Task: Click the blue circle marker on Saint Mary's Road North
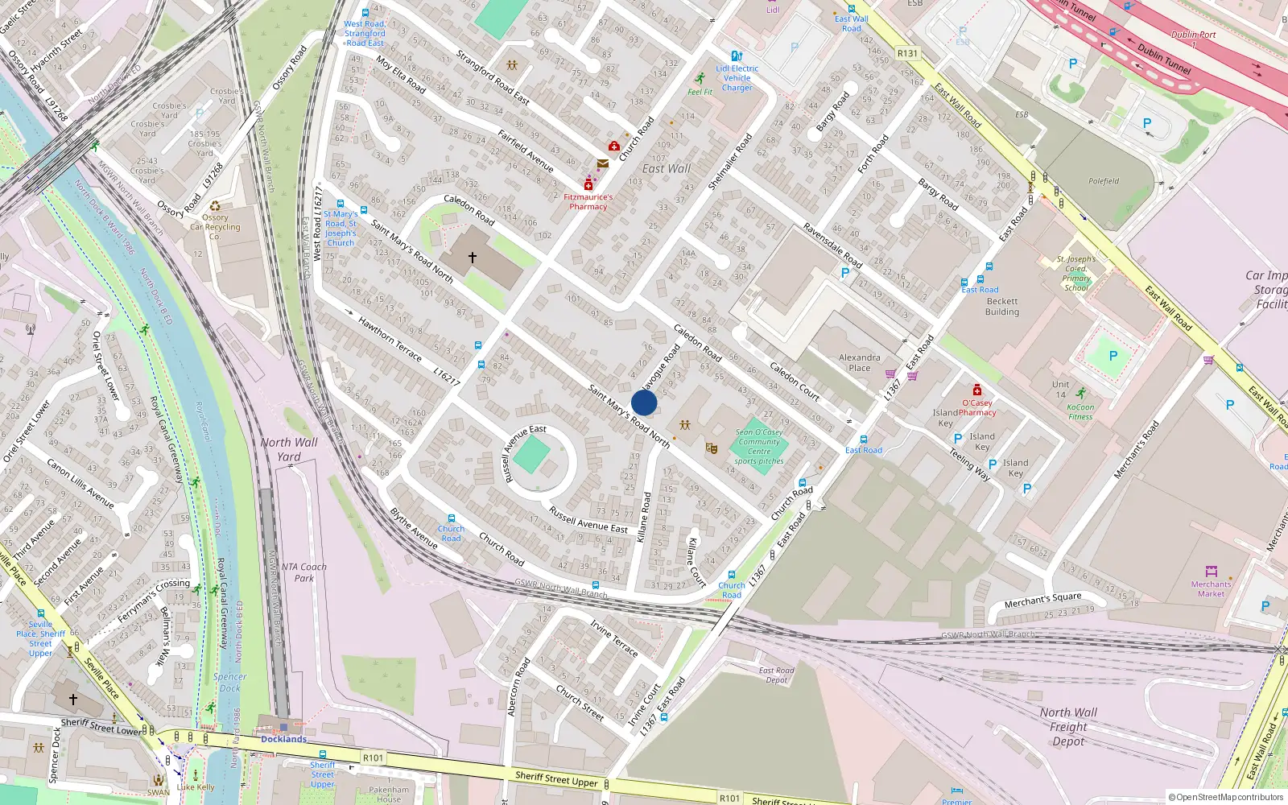(644, 402)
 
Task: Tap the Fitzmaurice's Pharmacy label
(588, 202)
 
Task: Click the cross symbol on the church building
(473, 258)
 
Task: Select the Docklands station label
(283, 739)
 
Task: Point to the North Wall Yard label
(289, 449)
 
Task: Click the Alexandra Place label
(860, 362)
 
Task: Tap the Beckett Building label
(1002, 307)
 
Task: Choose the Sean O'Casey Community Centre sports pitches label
(759, 447)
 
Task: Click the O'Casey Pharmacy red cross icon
(976, 390)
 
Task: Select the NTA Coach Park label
(304, 572)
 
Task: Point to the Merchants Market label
(1211, 589)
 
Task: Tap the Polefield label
(1104, 181)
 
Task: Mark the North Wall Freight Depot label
(1068, 727)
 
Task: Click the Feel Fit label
(700, 92)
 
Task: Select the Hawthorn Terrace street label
(390, 339)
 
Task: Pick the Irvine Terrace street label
(614, 638)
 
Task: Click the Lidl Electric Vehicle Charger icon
(736, 56)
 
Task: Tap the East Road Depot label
(776, 675)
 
